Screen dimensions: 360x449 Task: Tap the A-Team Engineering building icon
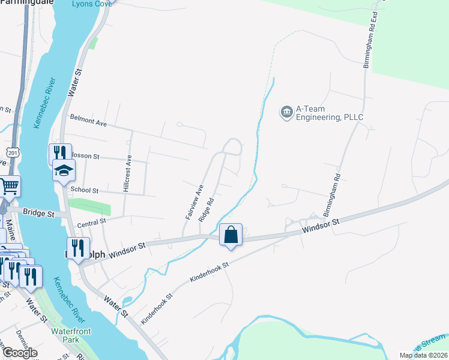coord(286,112)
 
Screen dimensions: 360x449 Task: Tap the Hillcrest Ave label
coord(127,173)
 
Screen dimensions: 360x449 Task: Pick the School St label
coord(84,190)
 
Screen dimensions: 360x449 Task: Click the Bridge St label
coord(38,212)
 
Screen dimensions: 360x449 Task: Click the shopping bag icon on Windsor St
coord(231,235)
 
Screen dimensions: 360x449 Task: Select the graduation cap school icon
coord(64,171)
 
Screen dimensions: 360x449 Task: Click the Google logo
coord(19,353)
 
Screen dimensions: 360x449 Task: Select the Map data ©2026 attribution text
coord(423,355)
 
